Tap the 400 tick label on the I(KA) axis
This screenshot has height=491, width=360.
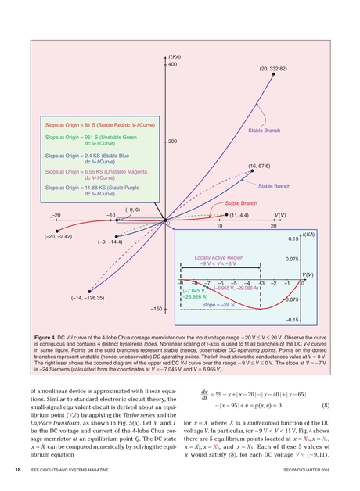[x=174, y=64]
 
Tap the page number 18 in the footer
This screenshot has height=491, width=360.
[x=18, y=471]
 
